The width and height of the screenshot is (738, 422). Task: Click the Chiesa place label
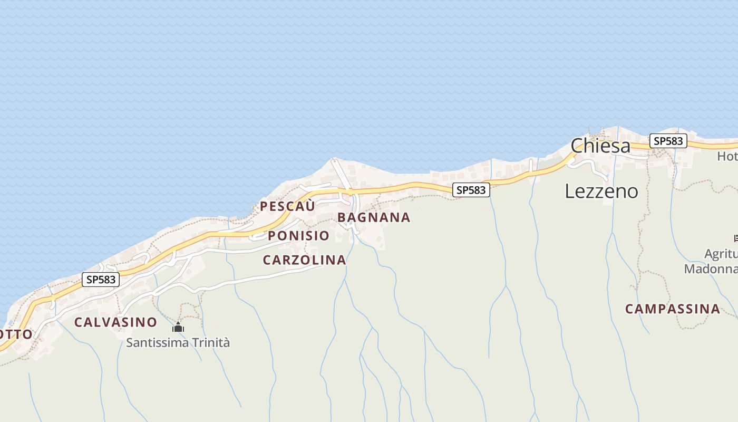click(600, 146)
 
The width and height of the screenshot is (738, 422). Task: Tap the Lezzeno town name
click(601, 191)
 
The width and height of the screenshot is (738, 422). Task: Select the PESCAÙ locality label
click(287, 206)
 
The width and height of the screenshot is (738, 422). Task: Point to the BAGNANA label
click(374, 217)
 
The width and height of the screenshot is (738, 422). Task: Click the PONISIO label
click(298, 236)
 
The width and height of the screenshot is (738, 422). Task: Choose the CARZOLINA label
click(304, 260)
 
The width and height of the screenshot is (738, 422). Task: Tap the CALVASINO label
click(115, 322)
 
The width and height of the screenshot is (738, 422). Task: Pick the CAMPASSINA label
click(672, 309)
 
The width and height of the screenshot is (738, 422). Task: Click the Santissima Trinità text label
click(178, 343)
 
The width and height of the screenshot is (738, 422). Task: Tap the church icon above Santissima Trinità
click(178, 328)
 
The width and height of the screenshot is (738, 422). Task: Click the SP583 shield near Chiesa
click(668, 141)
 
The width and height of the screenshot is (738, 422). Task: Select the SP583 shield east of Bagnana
click(471, 190)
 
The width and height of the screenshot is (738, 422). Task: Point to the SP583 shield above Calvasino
click(100, 280)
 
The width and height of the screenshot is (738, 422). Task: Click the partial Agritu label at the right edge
click(721, 255)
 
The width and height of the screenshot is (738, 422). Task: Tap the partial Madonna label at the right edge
click(711, 269)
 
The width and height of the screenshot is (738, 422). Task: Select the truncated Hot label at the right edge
click(727, 157)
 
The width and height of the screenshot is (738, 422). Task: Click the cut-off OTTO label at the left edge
click(16, 334)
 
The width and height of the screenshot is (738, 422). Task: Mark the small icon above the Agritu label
click(735, 238)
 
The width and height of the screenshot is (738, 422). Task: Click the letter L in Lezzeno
click(570, 191)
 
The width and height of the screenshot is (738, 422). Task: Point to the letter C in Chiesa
click(578, 146)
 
